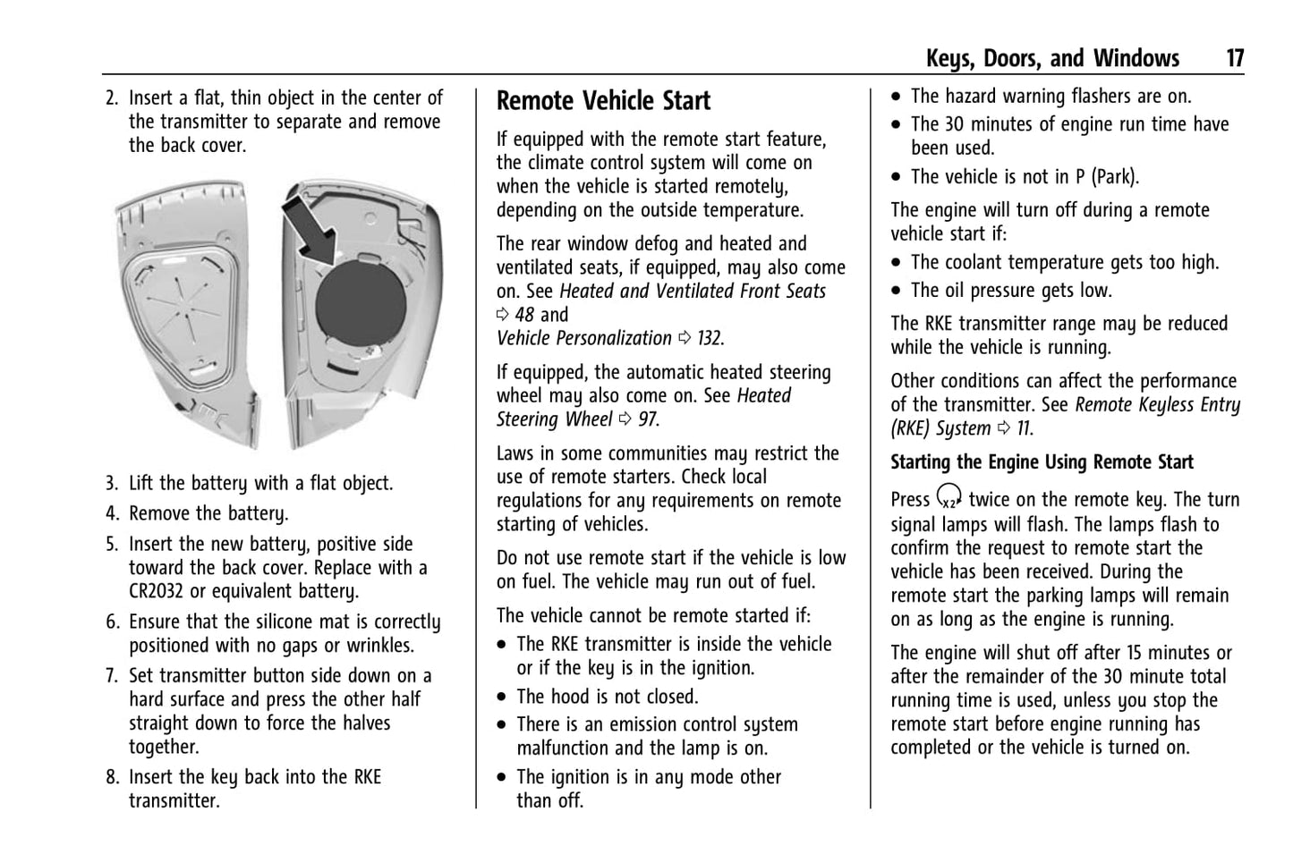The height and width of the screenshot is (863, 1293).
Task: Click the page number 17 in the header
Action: [x=1234, y=59]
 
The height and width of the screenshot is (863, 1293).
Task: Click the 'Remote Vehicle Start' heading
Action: [x=603, y=101]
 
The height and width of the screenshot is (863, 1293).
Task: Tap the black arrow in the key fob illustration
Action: [x=310, y=229]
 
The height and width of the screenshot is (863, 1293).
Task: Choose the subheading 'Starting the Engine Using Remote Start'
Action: [x=1042, y=462]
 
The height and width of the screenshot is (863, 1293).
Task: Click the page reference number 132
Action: [x=710, y=338]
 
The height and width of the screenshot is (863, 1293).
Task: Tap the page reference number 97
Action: [x=647, y=419]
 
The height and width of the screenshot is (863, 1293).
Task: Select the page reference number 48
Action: [x=524, y=315]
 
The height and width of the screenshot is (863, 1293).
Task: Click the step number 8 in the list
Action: [x=111, y=777]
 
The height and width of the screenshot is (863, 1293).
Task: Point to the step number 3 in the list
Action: [x=111, y=484]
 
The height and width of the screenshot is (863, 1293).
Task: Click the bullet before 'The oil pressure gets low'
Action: [x=897, y=291]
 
